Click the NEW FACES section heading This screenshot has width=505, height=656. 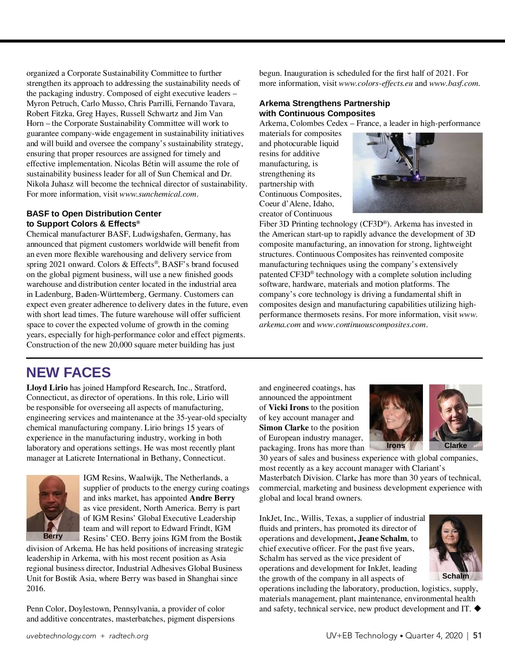[x=68, y=373]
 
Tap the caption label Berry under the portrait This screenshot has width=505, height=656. [x=53, y=536]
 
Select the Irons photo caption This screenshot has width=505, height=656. [x=396, y=445]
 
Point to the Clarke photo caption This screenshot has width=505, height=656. [x=455, y=445]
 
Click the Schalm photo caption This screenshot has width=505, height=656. [x=455, y=576]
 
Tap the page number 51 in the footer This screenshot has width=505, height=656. [x=477, y=635]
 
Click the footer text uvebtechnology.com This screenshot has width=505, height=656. [x=61, y=636]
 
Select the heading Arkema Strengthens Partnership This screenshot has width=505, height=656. [x=324, y=103]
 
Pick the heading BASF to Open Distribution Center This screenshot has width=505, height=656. [x=94, y=213]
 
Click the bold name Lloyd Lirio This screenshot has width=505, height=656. [x=47, y=387]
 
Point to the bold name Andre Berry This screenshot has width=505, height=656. [x=212, y=498]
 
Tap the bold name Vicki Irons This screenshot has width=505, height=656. [x=289, y=408]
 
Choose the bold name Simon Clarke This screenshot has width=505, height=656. [x=284, y=428]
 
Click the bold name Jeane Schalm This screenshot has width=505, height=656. [x=383, y=539]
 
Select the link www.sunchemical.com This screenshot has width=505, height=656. [x=158, y=194]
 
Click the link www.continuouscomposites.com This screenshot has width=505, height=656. [x=371, y=325]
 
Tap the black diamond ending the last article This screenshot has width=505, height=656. [x=477, y=608]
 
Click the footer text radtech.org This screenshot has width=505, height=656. [x=129, y=636]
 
